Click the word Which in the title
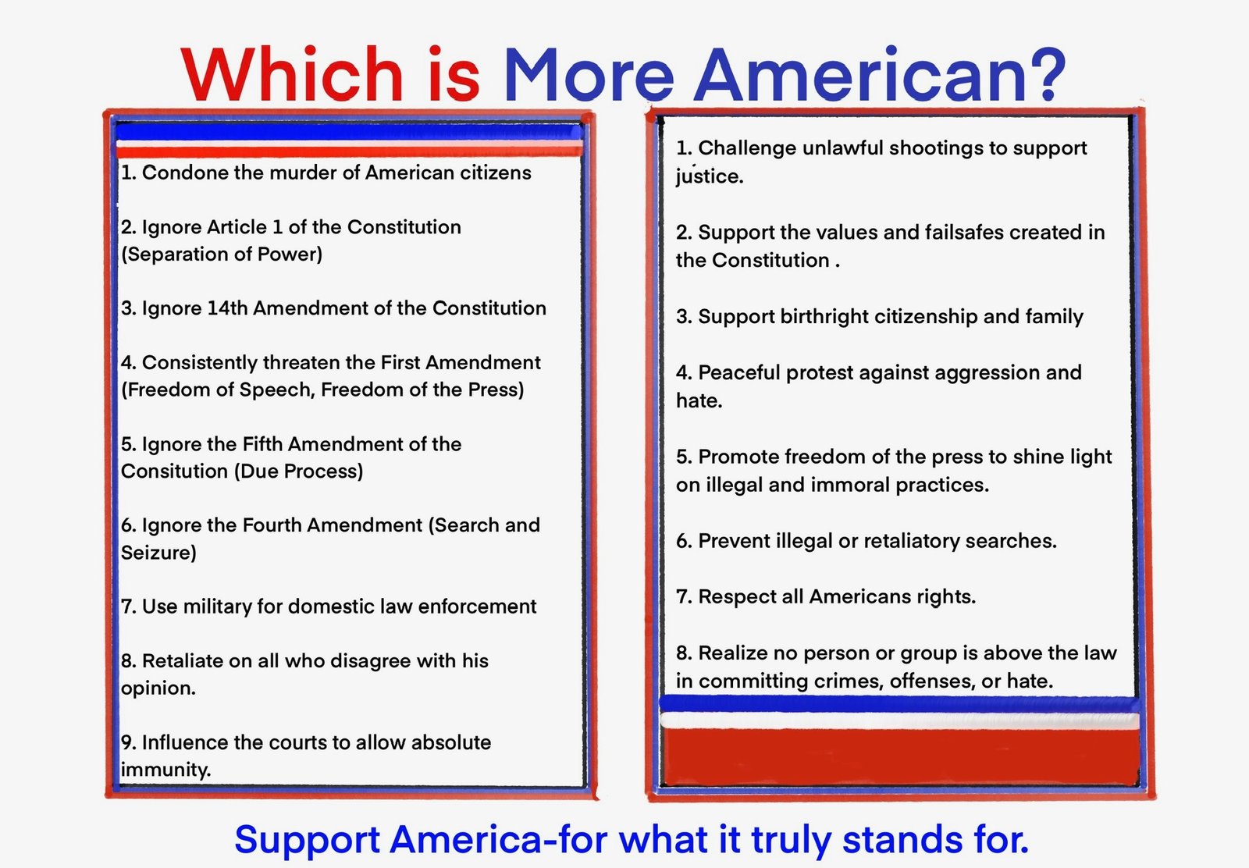coord(292,75)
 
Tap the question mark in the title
coord(1044,75)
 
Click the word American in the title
coord(859,75)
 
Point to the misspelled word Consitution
coord(175,471)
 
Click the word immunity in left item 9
coord(165,770)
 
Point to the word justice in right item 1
coord(710,176)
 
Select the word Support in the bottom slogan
coord(308,840)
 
